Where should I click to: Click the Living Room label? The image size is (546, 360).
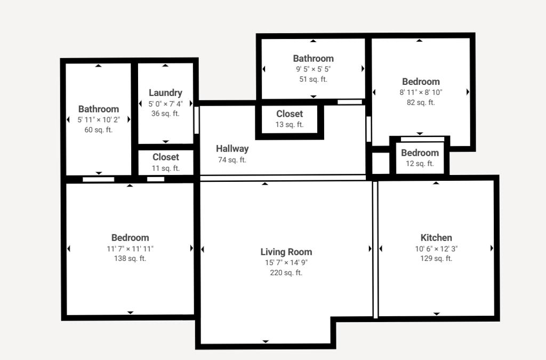pos(286,252)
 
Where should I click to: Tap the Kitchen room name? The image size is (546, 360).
pos(436,237)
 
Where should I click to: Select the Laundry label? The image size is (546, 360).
pos(165,93)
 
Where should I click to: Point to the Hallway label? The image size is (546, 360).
pos(232,149)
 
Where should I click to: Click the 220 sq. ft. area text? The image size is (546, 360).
pos(286,273)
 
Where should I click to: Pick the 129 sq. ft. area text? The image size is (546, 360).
pos(436,258)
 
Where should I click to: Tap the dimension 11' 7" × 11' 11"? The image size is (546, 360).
pos(130,249)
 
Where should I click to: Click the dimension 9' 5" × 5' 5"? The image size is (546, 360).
pos(314,69)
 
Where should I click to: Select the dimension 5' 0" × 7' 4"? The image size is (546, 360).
pos(165,104)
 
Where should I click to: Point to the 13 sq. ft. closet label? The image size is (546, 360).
pos(290,114)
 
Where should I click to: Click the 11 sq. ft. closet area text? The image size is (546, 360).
pos(166,168)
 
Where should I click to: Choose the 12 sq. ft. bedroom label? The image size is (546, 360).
pos(420,153)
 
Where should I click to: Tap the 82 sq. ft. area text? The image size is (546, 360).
pos(421,102)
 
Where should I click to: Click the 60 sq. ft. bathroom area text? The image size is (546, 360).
pos(99,130)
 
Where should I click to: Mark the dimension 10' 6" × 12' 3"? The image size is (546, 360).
pos(436,249)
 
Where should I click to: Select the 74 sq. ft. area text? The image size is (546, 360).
pos(232,160)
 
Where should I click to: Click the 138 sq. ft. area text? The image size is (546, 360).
pos(130,258)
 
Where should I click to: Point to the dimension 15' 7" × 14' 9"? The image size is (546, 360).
pos(286,262)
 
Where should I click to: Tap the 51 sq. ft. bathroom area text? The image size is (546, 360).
pos(314,79)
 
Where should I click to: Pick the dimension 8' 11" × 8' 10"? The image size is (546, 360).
pos(421,92)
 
